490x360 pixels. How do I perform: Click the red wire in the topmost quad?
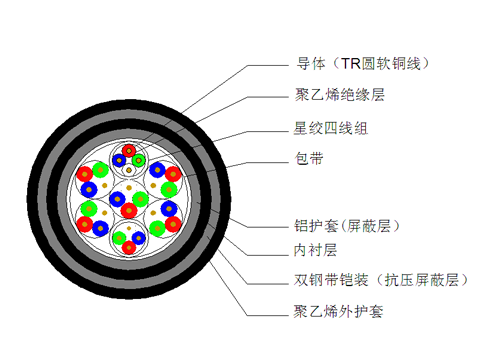[129, 150]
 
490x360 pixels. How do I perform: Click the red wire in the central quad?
[129, 210]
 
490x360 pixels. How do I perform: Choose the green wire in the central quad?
[140, 199]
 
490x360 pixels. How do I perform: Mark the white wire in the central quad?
[129, 188]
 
